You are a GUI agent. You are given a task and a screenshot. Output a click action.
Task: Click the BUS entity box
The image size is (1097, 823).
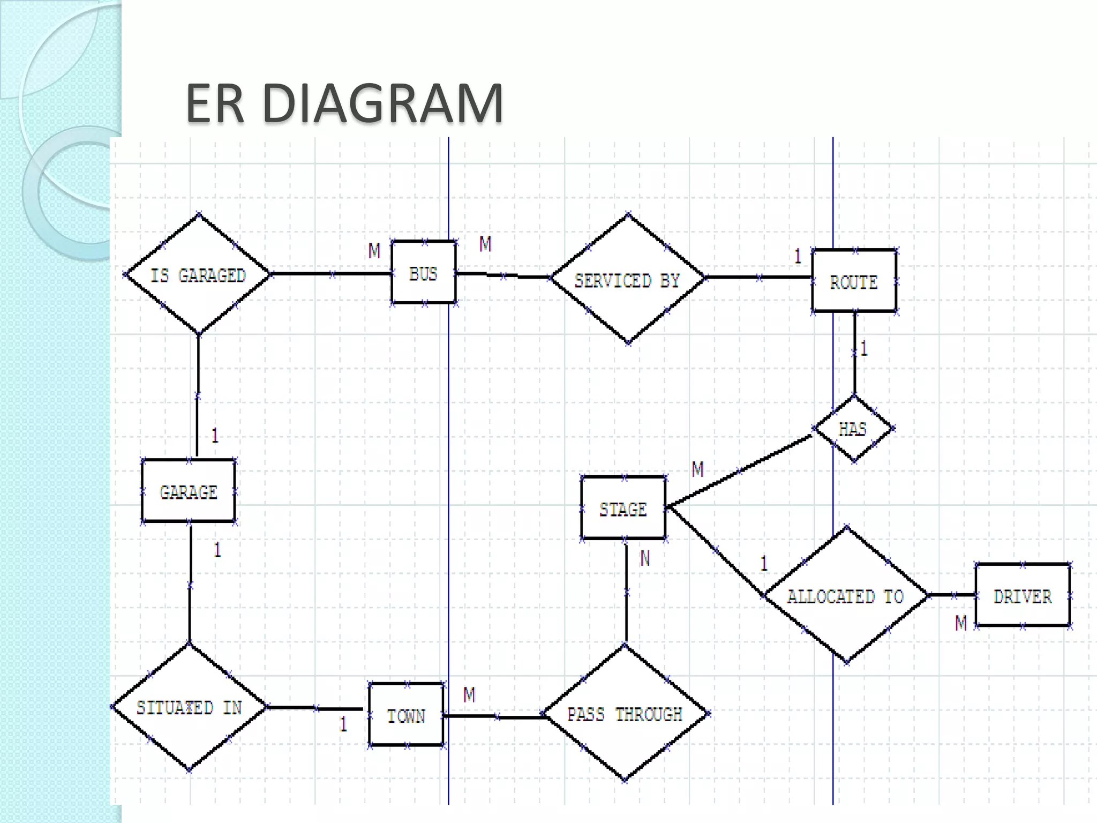(x=423, y=273)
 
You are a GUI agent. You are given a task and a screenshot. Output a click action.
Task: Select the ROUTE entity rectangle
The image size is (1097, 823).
(x=854, y=281)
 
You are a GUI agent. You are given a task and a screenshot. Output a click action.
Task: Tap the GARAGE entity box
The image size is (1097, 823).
(x=188, y=491)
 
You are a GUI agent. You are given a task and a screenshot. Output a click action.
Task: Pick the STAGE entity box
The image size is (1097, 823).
(x=623, y=508)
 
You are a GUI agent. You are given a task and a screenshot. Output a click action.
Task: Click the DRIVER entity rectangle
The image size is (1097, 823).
(x=1022, y=595)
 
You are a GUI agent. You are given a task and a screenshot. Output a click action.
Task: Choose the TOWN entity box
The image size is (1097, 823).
(x=406, y=715)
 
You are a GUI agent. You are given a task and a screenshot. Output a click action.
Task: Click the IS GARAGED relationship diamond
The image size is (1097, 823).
(x=198, y=274)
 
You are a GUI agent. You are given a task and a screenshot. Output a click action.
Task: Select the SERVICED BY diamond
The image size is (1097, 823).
(x=627, y=279)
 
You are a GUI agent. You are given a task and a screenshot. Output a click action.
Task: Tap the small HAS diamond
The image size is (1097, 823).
(x=853, y=429)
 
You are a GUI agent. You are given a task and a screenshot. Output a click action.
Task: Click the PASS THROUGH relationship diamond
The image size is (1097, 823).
(x=625, y=714)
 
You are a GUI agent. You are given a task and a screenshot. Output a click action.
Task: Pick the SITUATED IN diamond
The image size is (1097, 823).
(x=189, y=707)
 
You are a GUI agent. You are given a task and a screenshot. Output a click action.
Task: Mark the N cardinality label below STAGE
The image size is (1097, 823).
(x=645, y=559)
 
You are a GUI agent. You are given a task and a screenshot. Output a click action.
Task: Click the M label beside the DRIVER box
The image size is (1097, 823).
(x=961, y=623)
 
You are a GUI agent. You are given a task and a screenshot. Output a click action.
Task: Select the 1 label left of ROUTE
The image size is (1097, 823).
(x=798, y=256)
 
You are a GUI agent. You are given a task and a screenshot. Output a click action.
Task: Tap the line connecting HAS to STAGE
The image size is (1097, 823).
(x=739, y=472)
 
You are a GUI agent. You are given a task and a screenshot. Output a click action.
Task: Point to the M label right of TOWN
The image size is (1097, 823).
(x=469, y=695)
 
